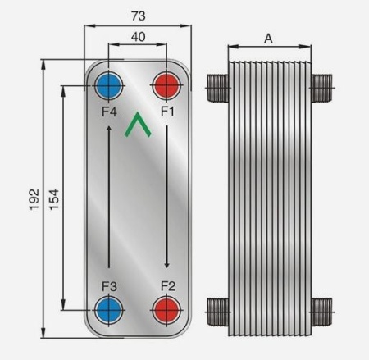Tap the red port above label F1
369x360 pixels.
tap(167, 84)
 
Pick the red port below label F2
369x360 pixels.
tap(167, 310)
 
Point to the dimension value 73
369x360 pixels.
tap(138, 16)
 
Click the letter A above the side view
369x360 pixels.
tap(268, 38)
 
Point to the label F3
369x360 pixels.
tap(108, 286)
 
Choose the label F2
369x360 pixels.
tap(167, 286)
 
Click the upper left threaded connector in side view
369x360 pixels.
tap(216, 84)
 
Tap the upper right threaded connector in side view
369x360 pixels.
tap(324, 84)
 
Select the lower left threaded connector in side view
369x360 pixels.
tap(216, 310)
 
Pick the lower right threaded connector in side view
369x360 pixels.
tap(324, 310)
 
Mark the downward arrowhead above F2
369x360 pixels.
tap(167, 264)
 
